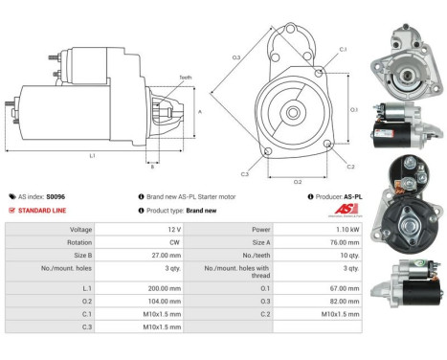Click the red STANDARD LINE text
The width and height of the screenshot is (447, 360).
(x=42, y=210)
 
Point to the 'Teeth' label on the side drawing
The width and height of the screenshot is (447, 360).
(x=185, y=77)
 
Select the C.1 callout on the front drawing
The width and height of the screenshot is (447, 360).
(x=344, y=49)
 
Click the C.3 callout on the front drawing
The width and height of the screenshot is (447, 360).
(x=245, y=174)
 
